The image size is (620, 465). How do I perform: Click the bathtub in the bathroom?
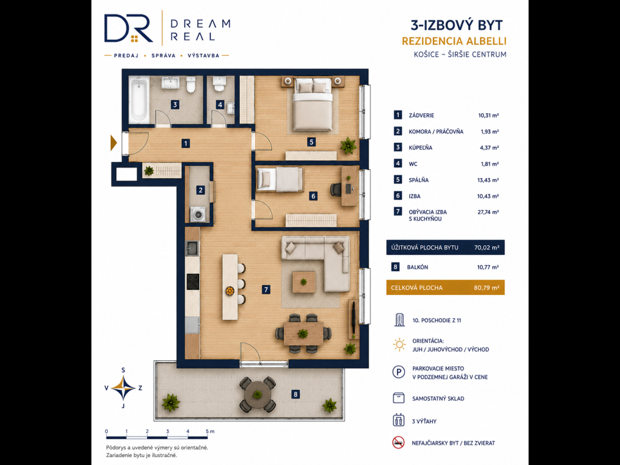(139, 100)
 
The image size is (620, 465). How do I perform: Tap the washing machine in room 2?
(198, 214)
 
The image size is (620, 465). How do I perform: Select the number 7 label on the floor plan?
(266, 289)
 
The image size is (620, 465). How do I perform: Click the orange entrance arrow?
(113, 143)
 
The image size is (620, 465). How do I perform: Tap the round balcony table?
(257, 394)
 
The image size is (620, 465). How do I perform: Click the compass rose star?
(123, 388)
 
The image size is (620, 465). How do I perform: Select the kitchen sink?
(193, 248)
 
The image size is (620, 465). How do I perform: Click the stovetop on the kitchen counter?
(193, 282)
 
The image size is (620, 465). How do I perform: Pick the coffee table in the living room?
(304, 282)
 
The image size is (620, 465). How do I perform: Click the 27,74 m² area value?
(488, 212)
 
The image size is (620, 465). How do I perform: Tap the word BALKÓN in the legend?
(418, 267)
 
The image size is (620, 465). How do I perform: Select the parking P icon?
(398, 372)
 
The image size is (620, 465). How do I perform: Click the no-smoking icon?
(398, 443)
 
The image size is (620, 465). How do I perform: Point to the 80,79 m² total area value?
(486, 288)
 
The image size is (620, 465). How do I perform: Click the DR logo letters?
(128, 28)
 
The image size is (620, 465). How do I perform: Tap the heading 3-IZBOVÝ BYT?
(457, 25)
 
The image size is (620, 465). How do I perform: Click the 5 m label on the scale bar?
(209, 431)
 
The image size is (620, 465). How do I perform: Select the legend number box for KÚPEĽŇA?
(398, 147)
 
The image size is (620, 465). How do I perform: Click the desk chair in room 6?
(336, 189)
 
